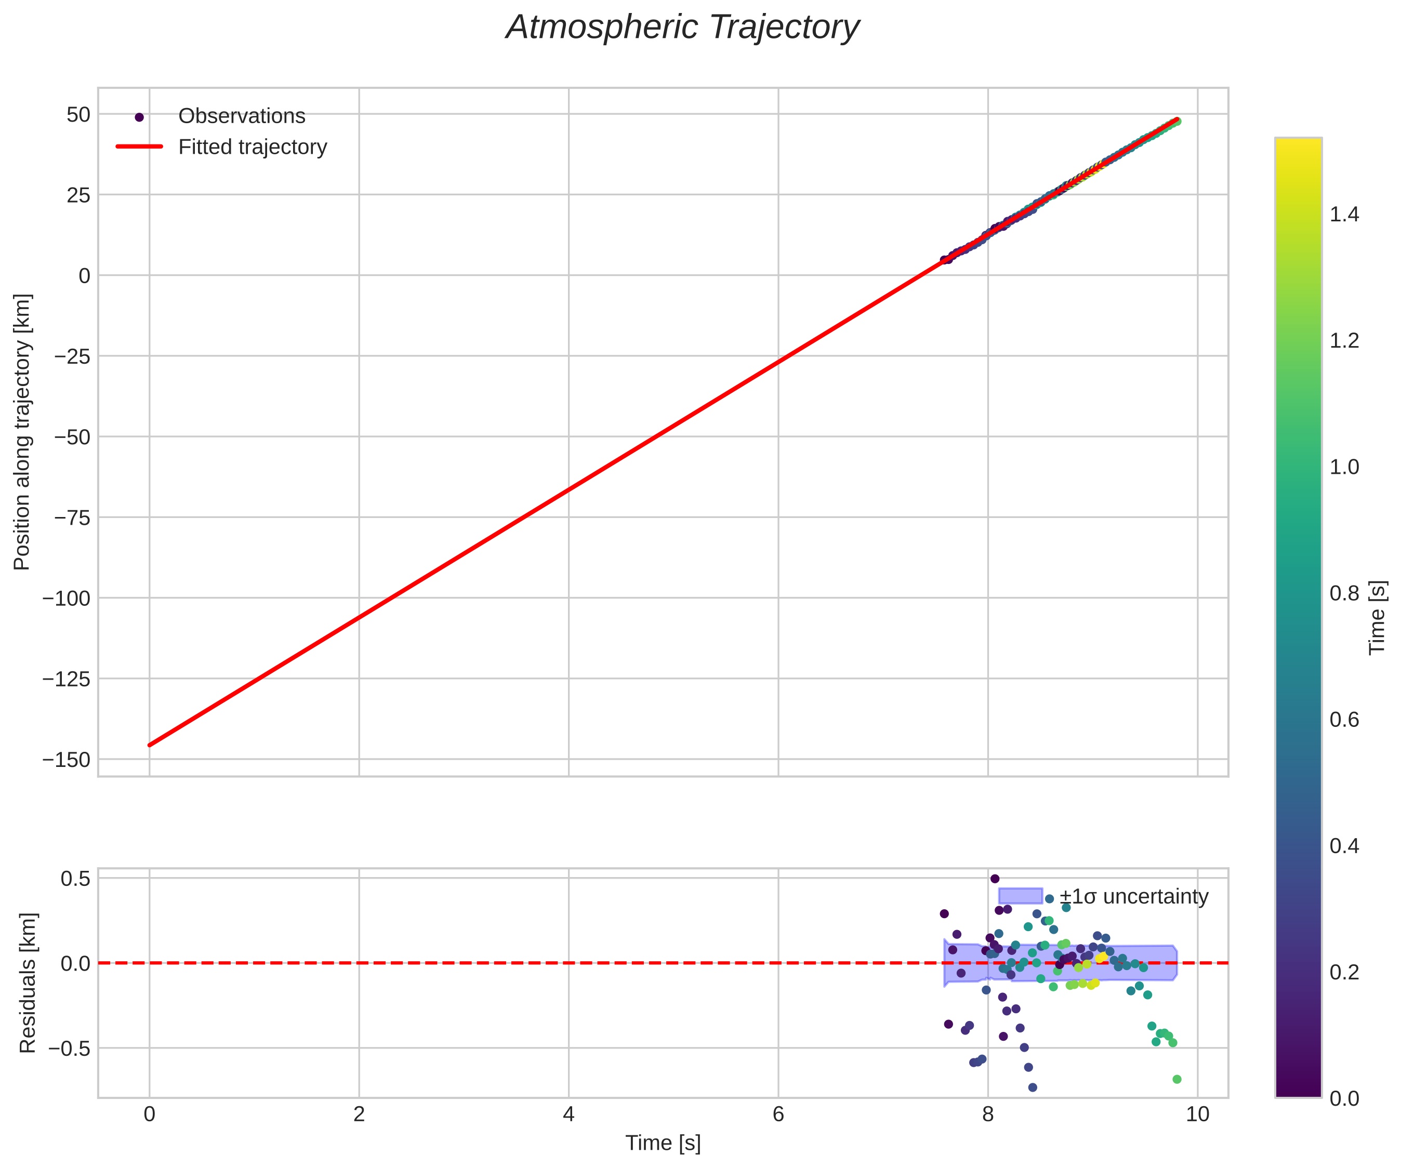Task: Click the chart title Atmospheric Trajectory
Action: coord(682,28)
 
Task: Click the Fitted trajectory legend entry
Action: coord(252,147)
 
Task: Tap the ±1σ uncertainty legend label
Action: coord(1133,897)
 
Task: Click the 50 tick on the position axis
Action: coord(78,115)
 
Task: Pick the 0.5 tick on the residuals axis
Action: coord(75,878)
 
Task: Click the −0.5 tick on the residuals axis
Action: coord(66,1048)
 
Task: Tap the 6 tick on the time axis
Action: coord(778,1115)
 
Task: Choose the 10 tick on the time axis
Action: coord(1197,1115)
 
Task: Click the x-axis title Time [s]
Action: coord(663,1143)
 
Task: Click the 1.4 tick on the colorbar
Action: coord(1344,215)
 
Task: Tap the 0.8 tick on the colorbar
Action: coord(1344,594)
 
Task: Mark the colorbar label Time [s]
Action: coord(1377,617)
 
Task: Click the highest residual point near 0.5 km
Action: coord(995,879)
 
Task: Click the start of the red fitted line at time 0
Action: coord(150,745)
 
